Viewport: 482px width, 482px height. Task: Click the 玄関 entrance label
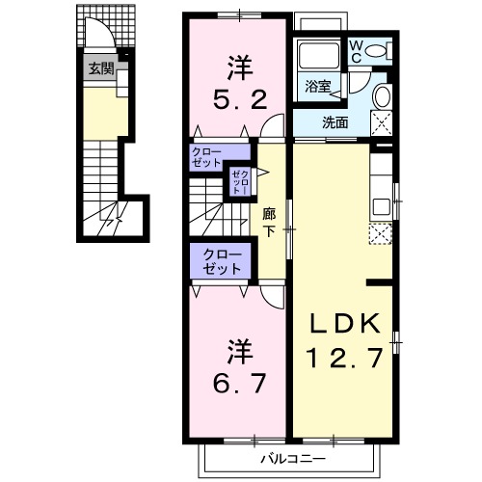pyautogui.click(x=100, y=68)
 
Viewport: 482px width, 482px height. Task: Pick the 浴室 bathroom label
pyautogui.click(x=318, y=86)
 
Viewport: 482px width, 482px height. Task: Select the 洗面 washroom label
pyautogui.click(x=335, y=122)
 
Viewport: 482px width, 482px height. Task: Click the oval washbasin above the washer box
pyautogui.click(x=380, y=96)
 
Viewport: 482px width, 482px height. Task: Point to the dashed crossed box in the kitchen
pyautogui.click(x=380, y=233)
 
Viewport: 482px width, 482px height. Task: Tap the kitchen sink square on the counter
pyautogui.click(x=380, y=204)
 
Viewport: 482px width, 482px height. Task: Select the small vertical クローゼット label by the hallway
pyautogui.click(x=238, y=180)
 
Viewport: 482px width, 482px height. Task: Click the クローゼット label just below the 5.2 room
pyautogui.click(x=206, y=156)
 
